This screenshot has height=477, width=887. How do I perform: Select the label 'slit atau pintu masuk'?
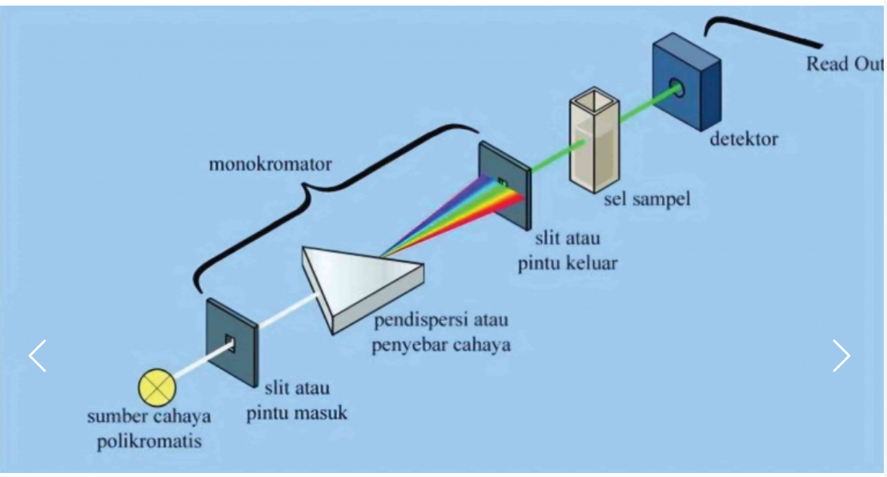tap(297, 403)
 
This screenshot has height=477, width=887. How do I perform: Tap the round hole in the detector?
tap(679, 86)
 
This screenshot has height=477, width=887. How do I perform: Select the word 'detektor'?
tap(744, 139)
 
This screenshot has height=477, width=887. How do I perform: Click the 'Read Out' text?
tap(843, 64)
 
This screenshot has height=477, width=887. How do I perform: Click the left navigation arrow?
tap(38, 355)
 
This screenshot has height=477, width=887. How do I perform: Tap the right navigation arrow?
tap(841, 355)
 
